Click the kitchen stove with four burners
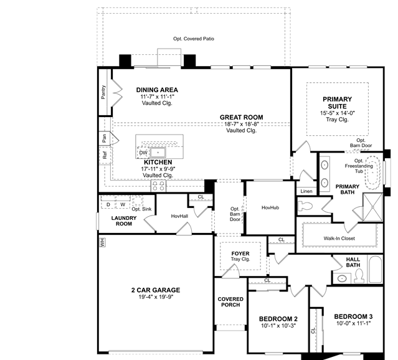(159, 186)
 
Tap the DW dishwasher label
(143, 153)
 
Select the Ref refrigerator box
(105, 155)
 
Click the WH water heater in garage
(103, 242)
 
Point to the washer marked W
(123, 204)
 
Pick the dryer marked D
(108, 204)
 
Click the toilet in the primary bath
(305, 206)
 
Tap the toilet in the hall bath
(359, 276)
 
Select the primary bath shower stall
(372, 207)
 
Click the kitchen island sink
(158, 153)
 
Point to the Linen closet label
(306, 191)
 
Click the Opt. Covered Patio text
(194, 39)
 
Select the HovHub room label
(270, 207)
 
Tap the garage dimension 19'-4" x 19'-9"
(156, 297)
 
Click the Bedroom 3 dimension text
(354, 323)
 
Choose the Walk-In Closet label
(339, 239)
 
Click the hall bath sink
(342, 279)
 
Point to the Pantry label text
(103, 92)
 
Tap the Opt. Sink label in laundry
(141, 209)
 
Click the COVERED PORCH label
(230, 302)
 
